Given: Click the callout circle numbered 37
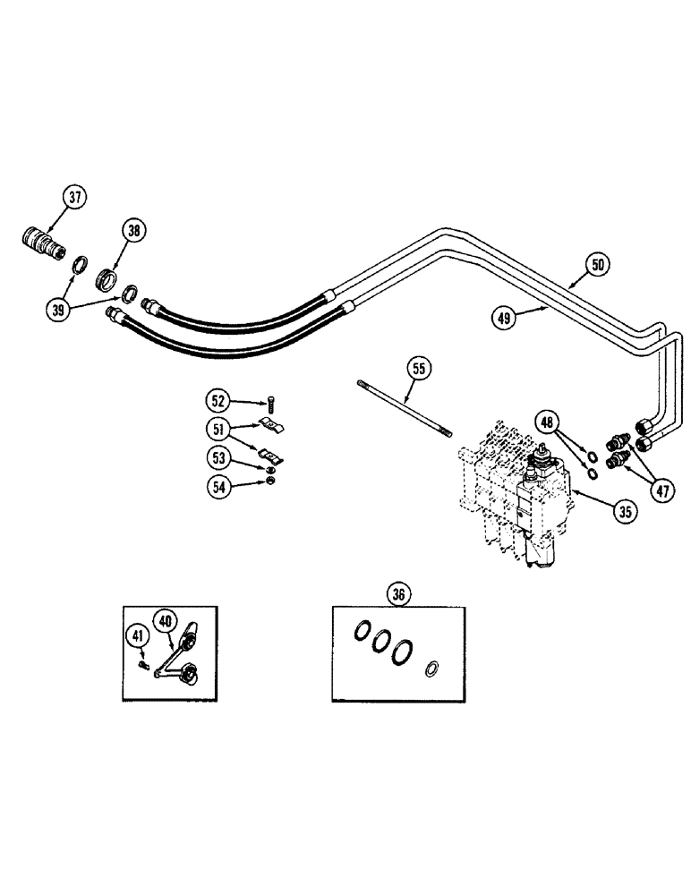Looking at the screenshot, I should click(x=75, y=197).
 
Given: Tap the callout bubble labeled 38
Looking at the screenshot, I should click(x=133, y=232).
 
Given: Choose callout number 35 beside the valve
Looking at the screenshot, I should click(x=623, y=512).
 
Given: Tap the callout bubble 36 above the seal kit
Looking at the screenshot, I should click(x=398, y=592).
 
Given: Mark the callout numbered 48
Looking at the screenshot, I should click(x=549, y=419).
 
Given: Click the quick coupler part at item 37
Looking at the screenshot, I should click(x=42, y=243).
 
